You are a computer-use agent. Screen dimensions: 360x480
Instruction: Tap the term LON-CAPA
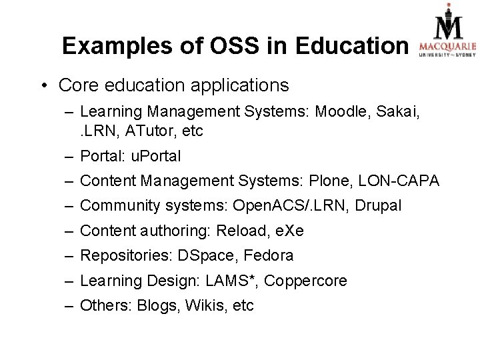398,181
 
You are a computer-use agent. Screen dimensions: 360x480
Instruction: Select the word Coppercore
306,281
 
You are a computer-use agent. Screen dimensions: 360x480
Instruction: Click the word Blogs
158,306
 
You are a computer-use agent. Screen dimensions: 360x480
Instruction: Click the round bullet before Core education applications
44,86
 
